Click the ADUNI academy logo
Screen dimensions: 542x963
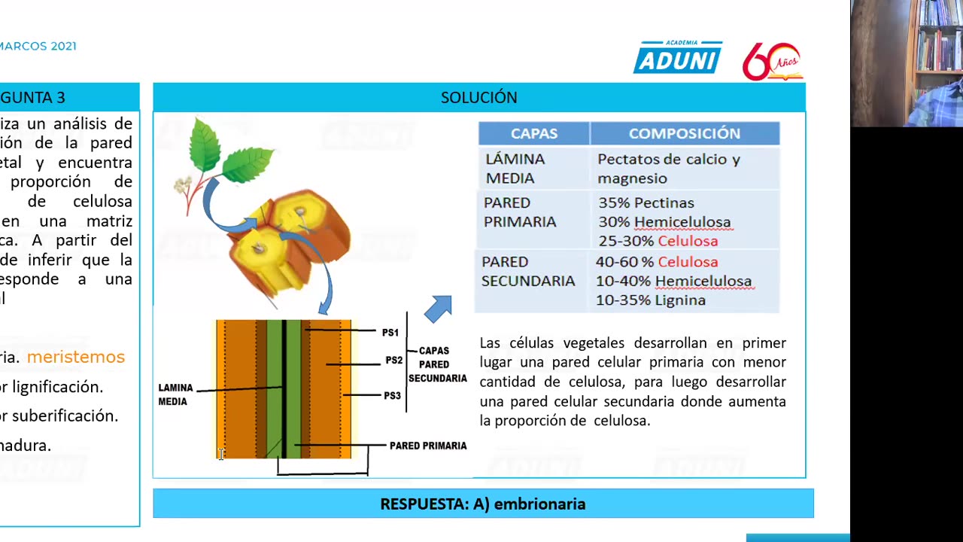point(677,59)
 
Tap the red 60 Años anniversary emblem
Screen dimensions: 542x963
point(771,62)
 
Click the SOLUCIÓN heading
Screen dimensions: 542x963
point(478,98)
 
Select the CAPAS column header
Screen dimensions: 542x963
point(534,134)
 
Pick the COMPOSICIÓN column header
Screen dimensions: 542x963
point(684,134)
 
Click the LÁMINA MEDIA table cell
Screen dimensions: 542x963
point(515,169)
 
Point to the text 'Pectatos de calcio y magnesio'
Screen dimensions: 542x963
point(668,169)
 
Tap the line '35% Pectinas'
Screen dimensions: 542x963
point(646,203)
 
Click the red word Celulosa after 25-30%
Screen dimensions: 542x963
point(688,242)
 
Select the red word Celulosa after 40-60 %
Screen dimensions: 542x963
point(688,262)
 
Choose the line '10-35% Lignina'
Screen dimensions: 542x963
point(651,300)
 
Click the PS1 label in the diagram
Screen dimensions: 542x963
point(390,333)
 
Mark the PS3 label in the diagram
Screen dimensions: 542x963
point(391,396)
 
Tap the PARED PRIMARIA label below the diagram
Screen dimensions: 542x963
point(427,446)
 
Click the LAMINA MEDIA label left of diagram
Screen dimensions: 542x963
point(175,394)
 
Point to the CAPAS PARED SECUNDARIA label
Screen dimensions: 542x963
point(437,364)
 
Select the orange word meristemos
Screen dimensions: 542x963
point(75,357)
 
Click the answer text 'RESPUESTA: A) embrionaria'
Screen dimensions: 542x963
point(482,504)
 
